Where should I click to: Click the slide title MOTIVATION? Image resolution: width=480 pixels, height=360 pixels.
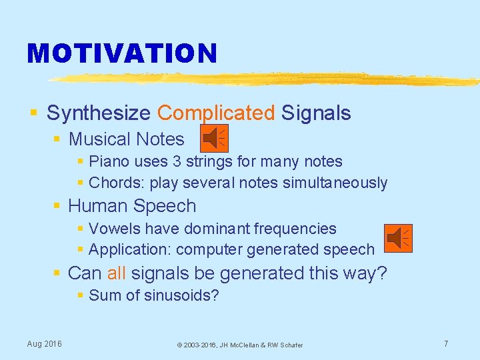coord(122,53)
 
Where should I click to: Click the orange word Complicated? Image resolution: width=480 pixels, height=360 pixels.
coord(215,113)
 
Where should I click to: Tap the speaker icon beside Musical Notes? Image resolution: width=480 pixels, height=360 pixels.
coord(214,138)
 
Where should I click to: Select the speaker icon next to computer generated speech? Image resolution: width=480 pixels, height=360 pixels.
coord(399,237)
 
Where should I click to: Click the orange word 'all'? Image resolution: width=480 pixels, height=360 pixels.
coord(116,273)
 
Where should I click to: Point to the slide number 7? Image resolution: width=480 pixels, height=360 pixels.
coord(446,344)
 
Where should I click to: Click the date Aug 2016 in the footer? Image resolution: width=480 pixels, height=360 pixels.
coord(44,344)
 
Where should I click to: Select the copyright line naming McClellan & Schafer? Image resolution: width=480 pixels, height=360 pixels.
coord(239,345)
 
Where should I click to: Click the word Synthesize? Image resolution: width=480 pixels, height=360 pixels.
coord(99,113)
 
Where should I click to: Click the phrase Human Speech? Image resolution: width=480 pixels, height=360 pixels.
coord(132,206)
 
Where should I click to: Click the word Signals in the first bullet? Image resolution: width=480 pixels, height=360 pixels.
coord(316,113)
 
